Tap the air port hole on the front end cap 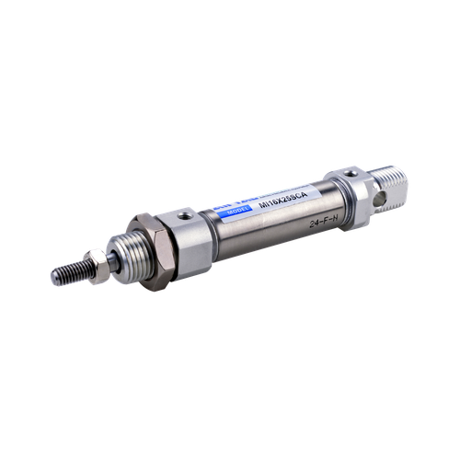point(187,217)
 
